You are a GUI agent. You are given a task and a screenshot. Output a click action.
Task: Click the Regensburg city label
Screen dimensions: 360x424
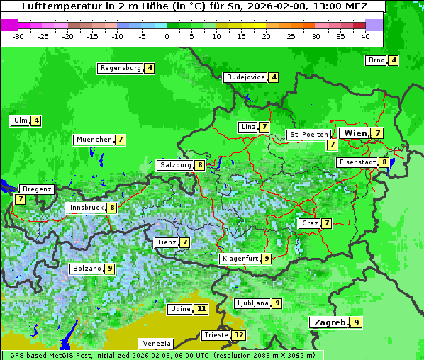(121, 68)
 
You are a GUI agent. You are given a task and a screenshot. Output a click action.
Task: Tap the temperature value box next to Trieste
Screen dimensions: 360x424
(240, 335)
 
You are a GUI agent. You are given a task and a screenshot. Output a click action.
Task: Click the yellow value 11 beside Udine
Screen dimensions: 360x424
(202, 309)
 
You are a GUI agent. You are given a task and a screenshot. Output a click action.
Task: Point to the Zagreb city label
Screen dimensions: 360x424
(330, 322)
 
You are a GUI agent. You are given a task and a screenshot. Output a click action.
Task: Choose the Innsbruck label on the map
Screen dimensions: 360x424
(86, 208)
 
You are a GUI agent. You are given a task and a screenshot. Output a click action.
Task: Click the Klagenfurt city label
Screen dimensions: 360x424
(239, 259)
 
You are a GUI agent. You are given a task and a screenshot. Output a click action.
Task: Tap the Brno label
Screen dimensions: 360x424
(376, 60)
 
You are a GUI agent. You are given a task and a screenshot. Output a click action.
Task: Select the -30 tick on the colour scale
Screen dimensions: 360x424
(18, 35)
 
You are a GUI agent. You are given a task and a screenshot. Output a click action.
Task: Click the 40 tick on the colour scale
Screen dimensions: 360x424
(365, 35)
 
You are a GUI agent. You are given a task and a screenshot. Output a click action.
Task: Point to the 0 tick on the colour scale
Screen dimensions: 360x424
(167, 35)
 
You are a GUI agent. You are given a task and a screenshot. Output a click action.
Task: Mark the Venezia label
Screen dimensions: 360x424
(155, 343)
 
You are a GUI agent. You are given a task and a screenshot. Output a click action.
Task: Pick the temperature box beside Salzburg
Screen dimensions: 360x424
(201, 165)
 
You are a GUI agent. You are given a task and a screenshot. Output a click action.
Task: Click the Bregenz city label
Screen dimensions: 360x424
(37, 189)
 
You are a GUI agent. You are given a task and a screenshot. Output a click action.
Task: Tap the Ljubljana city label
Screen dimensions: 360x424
(252, 303)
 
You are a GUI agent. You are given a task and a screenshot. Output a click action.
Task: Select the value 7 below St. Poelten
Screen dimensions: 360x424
(331, 145)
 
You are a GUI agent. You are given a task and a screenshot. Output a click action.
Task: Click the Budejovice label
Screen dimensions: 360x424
(245, 77)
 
